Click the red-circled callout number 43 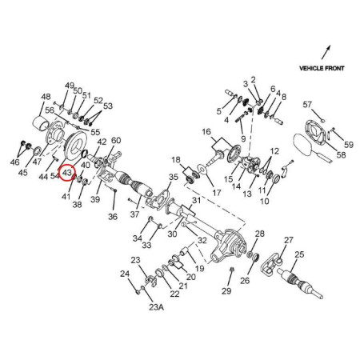point(66,173)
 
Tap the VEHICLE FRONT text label point(322,68)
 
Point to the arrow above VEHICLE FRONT point(326,52)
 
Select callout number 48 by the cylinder point(46,97)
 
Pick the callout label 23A point(156,307)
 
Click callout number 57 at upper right point(307,104)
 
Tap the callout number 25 point(299,254)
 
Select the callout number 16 point(206,132)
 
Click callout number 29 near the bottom point(226,290)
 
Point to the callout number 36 point(113,217)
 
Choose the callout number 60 point(116,140)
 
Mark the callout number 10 point(265,201)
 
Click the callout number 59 point(349,145)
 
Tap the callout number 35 point(174,177)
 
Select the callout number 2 point(253,80)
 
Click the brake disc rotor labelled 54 point(75,142)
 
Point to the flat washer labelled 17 point(202,169)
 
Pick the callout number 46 point(14,162)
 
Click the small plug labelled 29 point(232,270)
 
